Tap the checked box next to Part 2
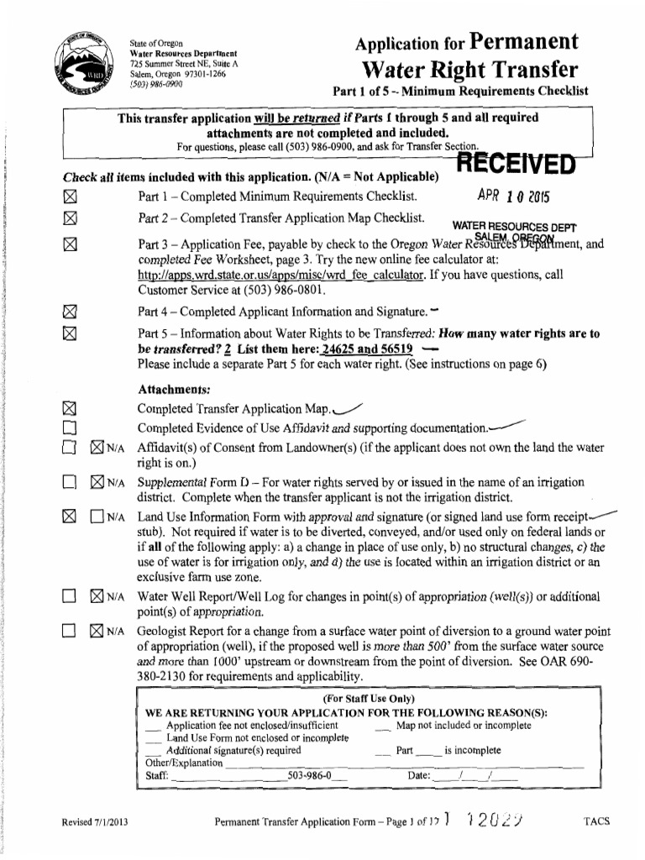point(70,221)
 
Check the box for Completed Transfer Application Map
point(70,409)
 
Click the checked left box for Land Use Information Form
point(70,517)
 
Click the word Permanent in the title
point(526,42)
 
